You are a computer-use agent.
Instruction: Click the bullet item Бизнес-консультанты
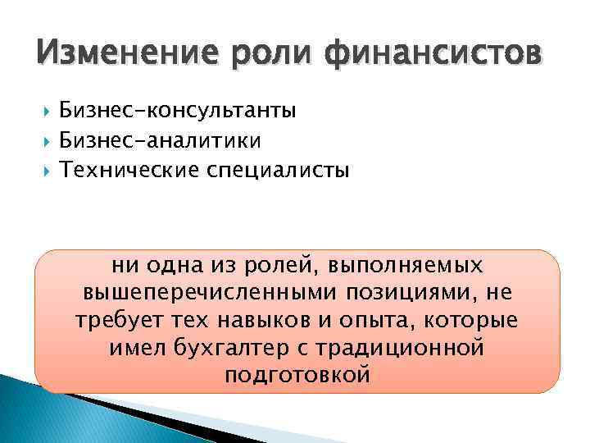coord(178,110)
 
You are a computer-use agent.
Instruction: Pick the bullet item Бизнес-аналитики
coord(160,140)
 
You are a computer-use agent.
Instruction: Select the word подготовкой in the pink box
coord(296,375)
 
